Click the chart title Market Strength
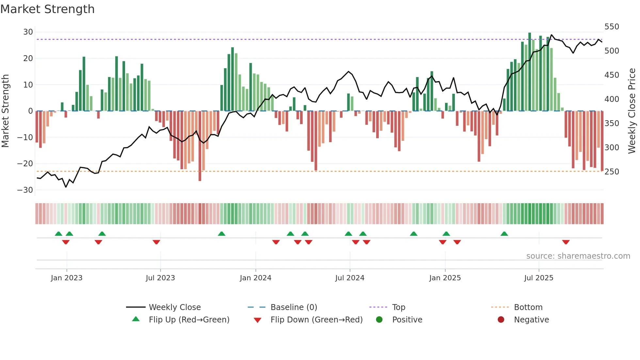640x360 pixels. click(x=48, y=9)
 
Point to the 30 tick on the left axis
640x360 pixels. click(x=28, y=32)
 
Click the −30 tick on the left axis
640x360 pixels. click(x=25, y=190)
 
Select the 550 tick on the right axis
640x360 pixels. click(x=612, y=27)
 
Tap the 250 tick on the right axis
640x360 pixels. click(x=612, y=172)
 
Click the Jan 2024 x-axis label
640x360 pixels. click(x=255, y=278)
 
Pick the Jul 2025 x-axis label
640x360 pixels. click(x=538, y=278)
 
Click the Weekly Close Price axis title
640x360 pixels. click(x=632, y=111)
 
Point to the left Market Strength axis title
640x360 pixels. click(x=5, y=111)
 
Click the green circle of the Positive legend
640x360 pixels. click(x=379, y=319)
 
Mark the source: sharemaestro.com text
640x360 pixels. click(x=578, y=256)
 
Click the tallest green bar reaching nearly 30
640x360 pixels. click(x=530, y=72)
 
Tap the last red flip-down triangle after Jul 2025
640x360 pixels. click(x=566, y=242)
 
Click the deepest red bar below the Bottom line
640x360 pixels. click(x=200, y=146)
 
